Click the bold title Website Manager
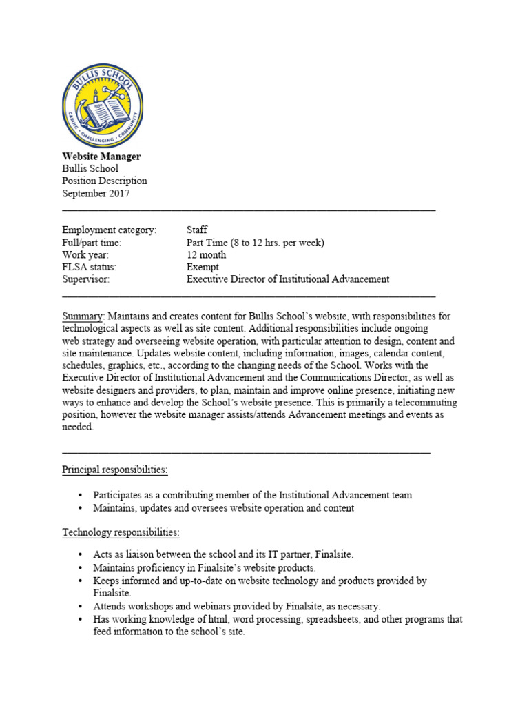click(x=101, y=157)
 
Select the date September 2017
click(x=96, y=194)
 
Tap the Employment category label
click(x=110, y=230)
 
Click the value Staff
click(x=197, y=230)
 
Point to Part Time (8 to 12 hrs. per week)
click(x=255, y=243)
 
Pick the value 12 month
click(x=206, y=255)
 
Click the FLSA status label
click(x=90, y=267)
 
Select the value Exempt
click(x=203, y=267)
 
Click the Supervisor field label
click(x=86, y=279)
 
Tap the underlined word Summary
click(x=82, y=316)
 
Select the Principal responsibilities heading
click(x=115, y=470)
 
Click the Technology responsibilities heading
click(x=121, y=533)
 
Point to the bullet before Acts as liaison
click(x=81, y=555)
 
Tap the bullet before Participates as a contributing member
click(x=81, y=496)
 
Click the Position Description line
click(x=105, y=181)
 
